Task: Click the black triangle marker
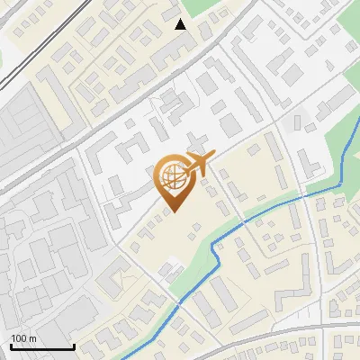(181, 24)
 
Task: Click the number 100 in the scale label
(19, 338)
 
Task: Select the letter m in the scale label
(32, 338)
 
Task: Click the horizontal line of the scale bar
(41, 346)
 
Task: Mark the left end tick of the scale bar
(11, 345)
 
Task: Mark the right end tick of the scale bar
(73, 345)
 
